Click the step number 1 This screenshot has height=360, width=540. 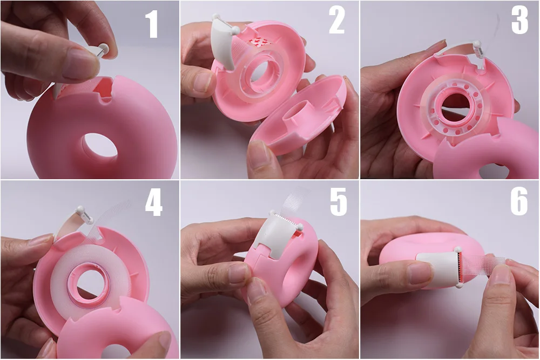coord(152,25)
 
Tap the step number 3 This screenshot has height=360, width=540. coord(519,22)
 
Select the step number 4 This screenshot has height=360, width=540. coord(153,203)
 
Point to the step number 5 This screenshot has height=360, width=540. coord(339,203)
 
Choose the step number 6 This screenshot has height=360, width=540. coord(519,203)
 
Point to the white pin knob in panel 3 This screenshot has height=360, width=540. coord(477,45)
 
